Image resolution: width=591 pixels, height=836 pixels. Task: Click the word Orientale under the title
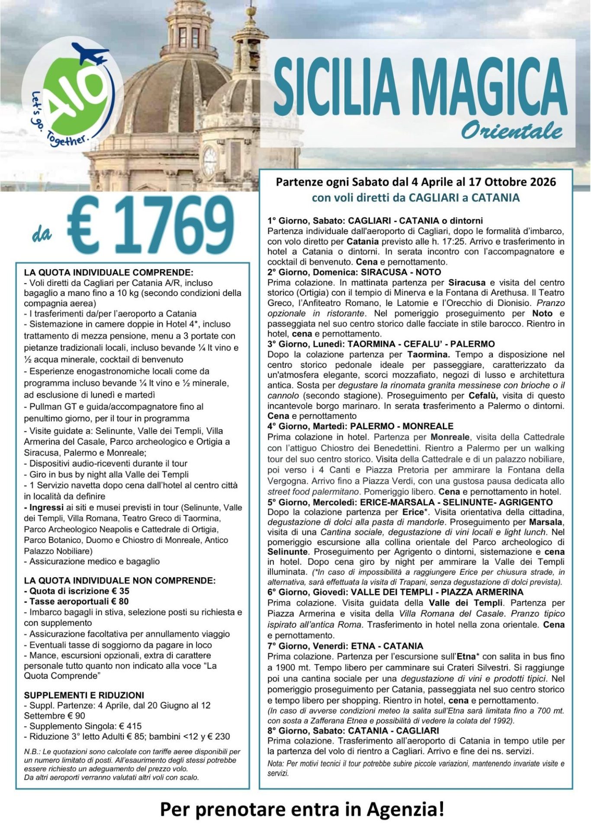(511, 131)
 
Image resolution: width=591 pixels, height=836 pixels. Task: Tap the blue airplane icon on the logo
(91, 54)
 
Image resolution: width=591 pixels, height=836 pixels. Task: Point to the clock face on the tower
(209, 161)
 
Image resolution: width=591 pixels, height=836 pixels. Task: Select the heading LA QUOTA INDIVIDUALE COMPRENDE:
(109, 273)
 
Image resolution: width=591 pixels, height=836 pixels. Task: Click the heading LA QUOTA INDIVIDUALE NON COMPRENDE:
(119, 580)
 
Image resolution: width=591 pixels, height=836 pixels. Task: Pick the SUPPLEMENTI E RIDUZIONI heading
(84, 695)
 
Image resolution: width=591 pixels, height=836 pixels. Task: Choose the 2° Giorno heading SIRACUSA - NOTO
(354, 272)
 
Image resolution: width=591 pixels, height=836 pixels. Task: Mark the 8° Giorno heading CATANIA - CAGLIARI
(353, 731)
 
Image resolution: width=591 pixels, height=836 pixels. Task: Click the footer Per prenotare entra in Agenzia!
(302, 809)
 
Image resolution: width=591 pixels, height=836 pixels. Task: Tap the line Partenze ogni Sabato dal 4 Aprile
(415, 182)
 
